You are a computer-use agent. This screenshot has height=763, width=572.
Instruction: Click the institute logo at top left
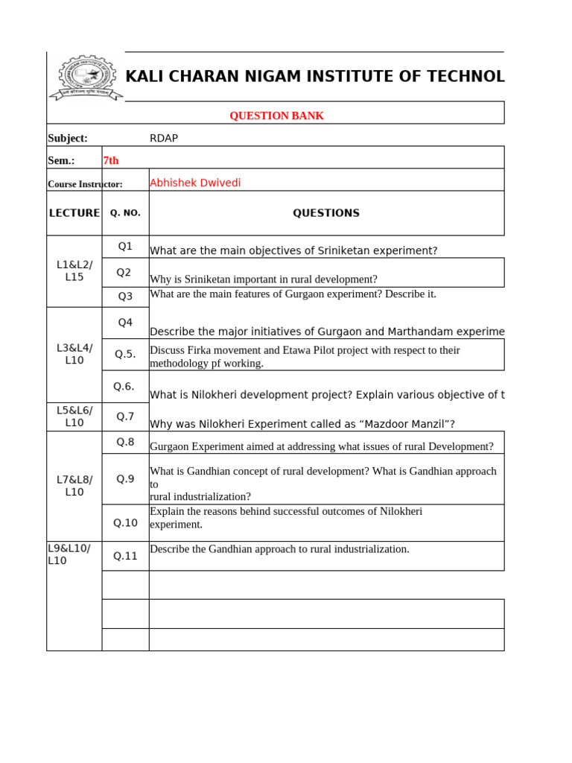(83, 77)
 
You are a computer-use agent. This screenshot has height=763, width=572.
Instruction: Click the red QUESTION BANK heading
(276, 115)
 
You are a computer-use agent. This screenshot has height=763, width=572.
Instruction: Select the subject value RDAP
(164, 138)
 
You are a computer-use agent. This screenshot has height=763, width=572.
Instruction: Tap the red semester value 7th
(111, 160)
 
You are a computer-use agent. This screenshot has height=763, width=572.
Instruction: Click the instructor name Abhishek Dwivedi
(195, 183)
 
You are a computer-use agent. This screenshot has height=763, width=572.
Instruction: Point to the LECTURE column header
(74, 213)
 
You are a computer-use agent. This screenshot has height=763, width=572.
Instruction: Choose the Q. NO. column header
(125, 213)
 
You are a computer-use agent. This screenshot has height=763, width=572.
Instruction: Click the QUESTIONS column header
(325, 213)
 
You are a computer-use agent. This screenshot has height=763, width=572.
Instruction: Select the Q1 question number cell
(125, 247)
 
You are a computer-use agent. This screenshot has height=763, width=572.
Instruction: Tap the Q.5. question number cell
(125, 354)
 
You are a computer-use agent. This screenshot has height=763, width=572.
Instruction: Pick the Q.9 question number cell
(125, 479)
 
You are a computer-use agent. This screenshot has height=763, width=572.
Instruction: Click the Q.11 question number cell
(125, 556)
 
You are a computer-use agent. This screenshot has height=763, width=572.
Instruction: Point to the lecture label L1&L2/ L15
(74, 271)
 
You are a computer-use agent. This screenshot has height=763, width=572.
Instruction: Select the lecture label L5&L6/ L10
(74, 417)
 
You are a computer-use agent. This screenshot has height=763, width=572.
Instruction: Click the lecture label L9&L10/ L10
(69, 554)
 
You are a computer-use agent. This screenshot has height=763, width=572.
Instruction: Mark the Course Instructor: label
(85, 184)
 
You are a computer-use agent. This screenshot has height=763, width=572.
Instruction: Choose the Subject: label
(68, 138)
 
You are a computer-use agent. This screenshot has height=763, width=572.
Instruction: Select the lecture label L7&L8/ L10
(74, 486)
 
